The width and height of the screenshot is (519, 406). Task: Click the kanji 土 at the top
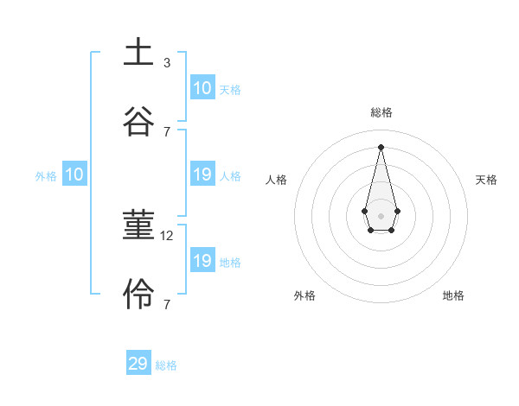click(x=138, y=52)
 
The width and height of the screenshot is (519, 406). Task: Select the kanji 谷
click(x=138, y=120)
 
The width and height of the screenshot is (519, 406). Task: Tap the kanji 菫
click(x=138, y=225)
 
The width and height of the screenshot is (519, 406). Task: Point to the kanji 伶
click(x=138, y=294)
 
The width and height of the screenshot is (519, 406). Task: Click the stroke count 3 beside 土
click(x=167, y=63)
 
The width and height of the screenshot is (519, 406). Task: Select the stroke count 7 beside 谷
click(x=167, y=131)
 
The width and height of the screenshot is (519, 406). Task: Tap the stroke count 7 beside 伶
click(x=167, y=304)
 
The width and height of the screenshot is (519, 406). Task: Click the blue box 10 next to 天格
click(x=202, y=88)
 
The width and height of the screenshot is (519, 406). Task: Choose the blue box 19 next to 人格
click(x=202, y=174)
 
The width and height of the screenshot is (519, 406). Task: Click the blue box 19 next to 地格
click(x=202, y=261)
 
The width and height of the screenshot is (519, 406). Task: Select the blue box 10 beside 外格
click(x=74, y=174)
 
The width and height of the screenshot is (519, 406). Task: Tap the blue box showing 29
click(x=138, y=364)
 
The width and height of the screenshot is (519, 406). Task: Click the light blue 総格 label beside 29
click(x=166, y=365)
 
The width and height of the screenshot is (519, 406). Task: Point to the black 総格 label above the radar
click(x=381, y=112)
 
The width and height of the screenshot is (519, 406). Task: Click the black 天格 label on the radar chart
click(x=486, y=180)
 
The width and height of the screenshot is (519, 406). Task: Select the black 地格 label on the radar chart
click(x=453, y=295)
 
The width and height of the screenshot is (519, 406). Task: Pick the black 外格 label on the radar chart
click(x=304, y=295)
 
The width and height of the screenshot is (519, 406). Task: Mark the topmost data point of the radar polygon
click(x=381, y=146)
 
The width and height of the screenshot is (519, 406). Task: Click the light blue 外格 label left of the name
click(x=46, y=176)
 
